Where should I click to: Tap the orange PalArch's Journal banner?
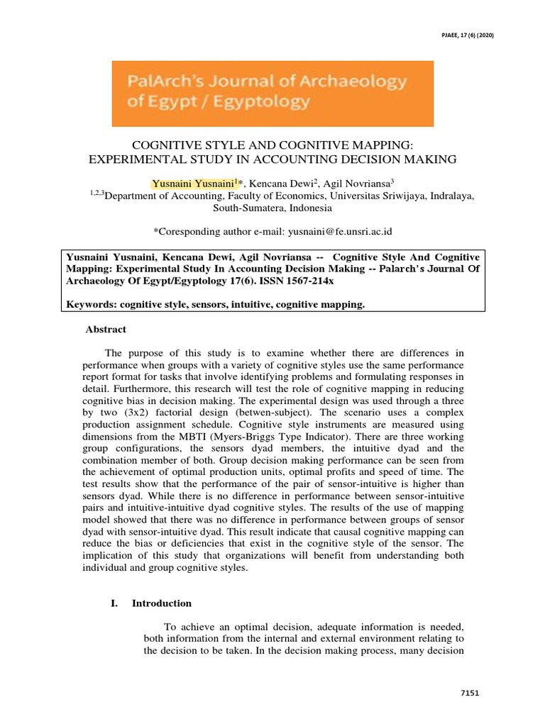(x=272, y=93)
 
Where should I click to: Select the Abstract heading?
(x=106, y=329)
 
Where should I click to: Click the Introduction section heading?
(x=161, y=603)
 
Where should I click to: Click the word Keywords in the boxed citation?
(x=90, y=304)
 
